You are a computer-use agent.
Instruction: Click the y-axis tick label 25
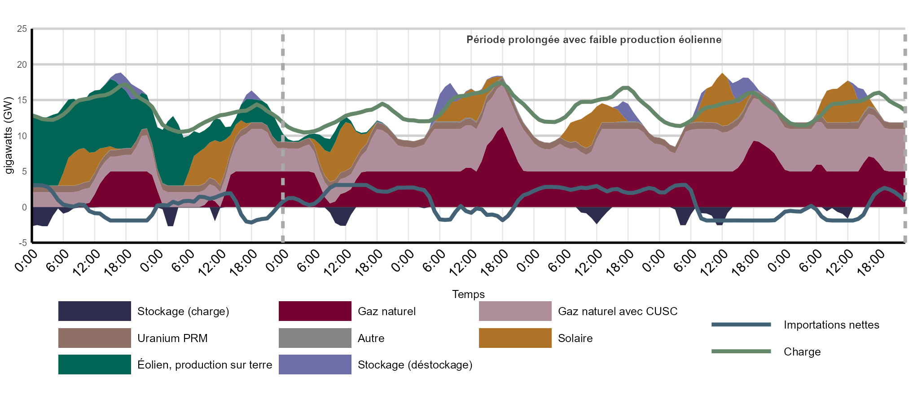(22, 29)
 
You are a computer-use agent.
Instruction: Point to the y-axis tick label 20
(22, 65)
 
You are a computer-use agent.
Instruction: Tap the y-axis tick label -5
(22, 243)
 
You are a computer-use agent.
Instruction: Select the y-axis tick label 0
(24, 207)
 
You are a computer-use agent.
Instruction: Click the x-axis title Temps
(468, 294)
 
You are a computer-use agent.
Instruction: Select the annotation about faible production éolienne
(593, 40)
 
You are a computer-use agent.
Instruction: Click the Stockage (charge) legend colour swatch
(94, 311)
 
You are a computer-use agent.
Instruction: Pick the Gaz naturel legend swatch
(315, 311)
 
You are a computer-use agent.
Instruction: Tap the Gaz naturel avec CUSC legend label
(617, 312)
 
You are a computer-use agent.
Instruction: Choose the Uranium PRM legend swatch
(94, 338)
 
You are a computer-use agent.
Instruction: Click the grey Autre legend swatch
(315, 338)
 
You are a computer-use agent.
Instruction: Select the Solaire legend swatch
(515, 338)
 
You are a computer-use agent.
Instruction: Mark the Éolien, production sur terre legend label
(205, 365)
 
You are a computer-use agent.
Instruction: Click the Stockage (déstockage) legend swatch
(315, 364)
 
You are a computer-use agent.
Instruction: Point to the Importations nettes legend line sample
(741, 325)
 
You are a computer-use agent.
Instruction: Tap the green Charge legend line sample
(741, 351)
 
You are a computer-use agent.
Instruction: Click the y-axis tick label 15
(22, 100)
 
